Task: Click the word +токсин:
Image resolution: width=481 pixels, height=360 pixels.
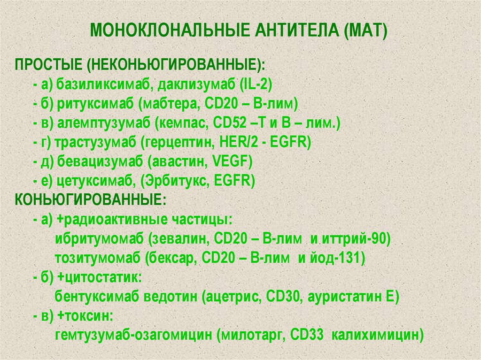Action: point(86,316)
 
